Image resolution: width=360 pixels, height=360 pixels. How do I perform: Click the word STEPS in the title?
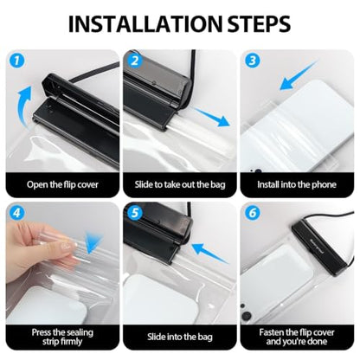[x=259, y=23]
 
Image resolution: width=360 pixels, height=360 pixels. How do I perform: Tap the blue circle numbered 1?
[x=17, y=61]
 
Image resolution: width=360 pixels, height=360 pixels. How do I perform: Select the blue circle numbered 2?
[x=135, y=61]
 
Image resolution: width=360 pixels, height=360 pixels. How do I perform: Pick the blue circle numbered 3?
[x=253, y=61]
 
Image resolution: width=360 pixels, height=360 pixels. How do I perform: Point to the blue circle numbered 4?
[x=17, y=213]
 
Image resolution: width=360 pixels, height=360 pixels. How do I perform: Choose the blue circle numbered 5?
[x=135, y=213]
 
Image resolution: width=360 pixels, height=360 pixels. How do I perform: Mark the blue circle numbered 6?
[x=253, y=213]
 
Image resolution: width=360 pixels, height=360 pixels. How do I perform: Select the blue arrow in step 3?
[x=297, y=76]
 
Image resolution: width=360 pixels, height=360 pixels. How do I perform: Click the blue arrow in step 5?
[x=209, y=253]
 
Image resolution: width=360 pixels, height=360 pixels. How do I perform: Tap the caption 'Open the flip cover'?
[x=62, y=184]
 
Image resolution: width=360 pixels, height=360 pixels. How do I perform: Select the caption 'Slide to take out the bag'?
[x=180, y=184]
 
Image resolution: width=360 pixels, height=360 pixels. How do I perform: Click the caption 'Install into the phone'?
[x=297, y=184]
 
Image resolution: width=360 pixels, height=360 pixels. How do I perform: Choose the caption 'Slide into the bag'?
[x=180, y=337]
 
